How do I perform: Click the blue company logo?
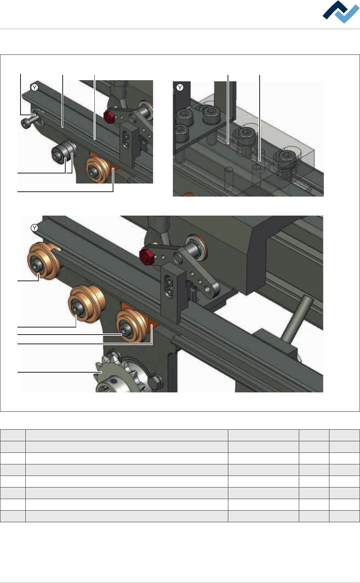click(x=341, y=12)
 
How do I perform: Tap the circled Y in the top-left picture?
click(x=35, y=87)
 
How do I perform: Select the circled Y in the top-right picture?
click(x=180, y=87)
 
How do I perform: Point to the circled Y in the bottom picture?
click(x=35, y=228)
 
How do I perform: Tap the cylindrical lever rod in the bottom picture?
click(x=297, y=320)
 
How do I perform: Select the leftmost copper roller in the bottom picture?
click(x=44, y=261)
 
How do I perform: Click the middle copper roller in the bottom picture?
click(x=87, y=304)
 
